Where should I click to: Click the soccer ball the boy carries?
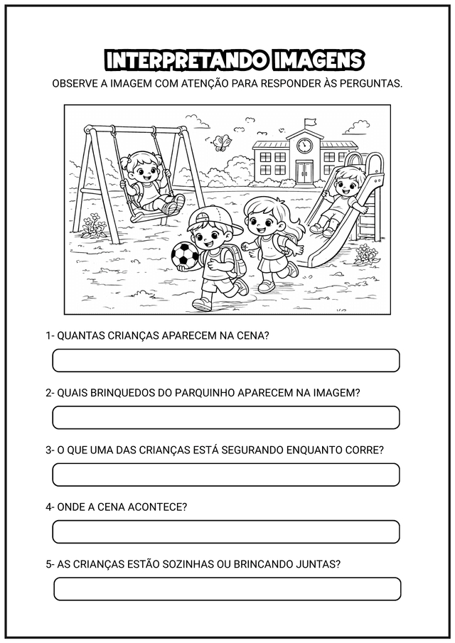185,255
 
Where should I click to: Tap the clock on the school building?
305,146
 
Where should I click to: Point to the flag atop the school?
310,123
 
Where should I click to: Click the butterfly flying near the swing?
225,142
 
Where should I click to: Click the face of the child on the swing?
149,171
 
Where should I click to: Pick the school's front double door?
305,171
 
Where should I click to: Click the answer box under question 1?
226,360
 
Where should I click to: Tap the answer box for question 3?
226,475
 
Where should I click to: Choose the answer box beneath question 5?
227,589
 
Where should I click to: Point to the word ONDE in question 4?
70,507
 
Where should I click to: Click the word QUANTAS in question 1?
80,335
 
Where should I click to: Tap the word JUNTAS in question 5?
321,564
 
